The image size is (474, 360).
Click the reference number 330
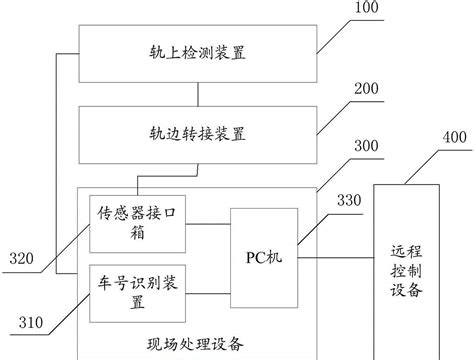pyautogui.click(x=349, y=202)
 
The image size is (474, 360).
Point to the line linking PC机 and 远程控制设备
pyautogui.click(x=334, y=256)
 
